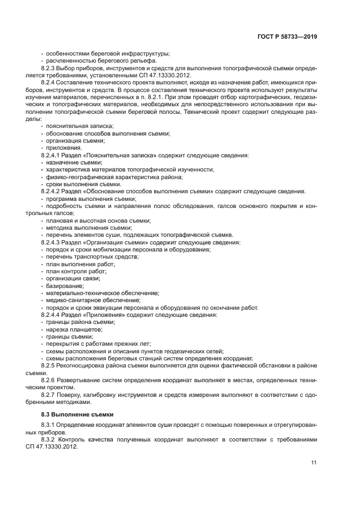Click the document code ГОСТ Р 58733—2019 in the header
click(287, 36)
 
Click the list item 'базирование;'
click(65, 286)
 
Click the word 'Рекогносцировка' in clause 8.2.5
click(87, 366)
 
